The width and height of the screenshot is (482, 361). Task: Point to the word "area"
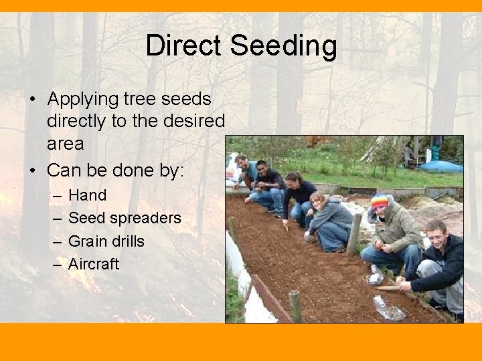tap(65, 143)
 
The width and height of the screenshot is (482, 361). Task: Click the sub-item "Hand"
tap(88, 195)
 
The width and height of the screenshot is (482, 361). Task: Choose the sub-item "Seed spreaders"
tap(125, 218)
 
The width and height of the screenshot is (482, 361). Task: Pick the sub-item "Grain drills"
tap(106, 241)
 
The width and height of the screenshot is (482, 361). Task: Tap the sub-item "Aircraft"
tap(94, 263)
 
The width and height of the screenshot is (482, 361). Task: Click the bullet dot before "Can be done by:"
tap(32, 170)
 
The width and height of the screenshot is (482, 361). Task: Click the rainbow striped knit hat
tap(380, 201)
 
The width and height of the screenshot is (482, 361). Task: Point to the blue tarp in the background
tap(440, 166)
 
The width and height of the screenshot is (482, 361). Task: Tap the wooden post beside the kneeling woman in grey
tap(354, 234)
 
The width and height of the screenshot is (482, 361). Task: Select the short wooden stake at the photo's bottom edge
tap(295, 306)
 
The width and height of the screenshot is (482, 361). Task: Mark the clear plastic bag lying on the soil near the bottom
tap(388, 309)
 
